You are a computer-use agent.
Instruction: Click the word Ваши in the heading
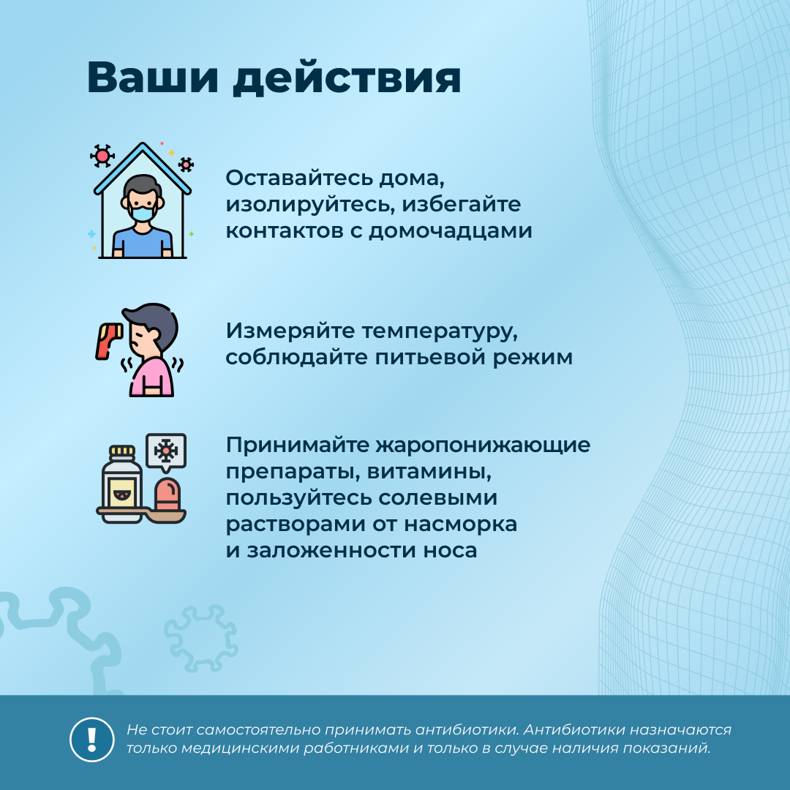153,78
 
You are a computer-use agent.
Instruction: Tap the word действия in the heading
347,78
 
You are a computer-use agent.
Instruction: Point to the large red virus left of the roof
102,156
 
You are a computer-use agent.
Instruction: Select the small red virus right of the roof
186,165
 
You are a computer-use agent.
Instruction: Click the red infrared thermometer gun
109,341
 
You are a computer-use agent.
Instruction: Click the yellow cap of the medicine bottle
122,451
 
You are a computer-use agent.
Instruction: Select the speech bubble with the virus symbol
166,453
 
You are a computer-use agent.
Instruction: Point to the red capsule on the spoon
168,494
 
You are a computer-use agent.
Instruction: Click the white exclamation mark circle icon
91,740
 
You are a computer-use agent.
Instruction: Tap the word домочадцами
451,230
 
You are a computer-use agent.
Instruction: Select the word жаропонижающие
484,446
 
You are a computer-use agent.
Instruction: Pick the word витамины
429,473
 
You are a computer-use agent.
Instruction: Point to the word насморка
461,524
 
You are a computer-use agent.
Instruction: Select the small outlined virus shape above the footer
200,639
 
